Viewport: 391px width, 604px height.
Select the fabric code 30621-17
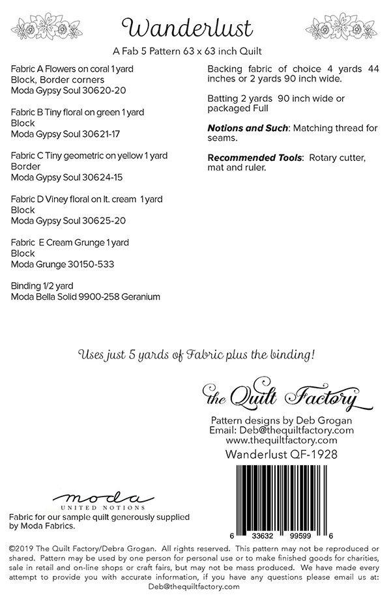point(102,134)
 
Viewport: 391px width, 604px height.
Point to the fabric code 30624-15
point(103,177)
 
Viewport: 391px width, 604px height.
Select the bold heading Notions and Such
point(247,128)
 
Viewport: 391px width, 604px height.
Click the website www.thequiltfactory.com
point(281,440)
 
